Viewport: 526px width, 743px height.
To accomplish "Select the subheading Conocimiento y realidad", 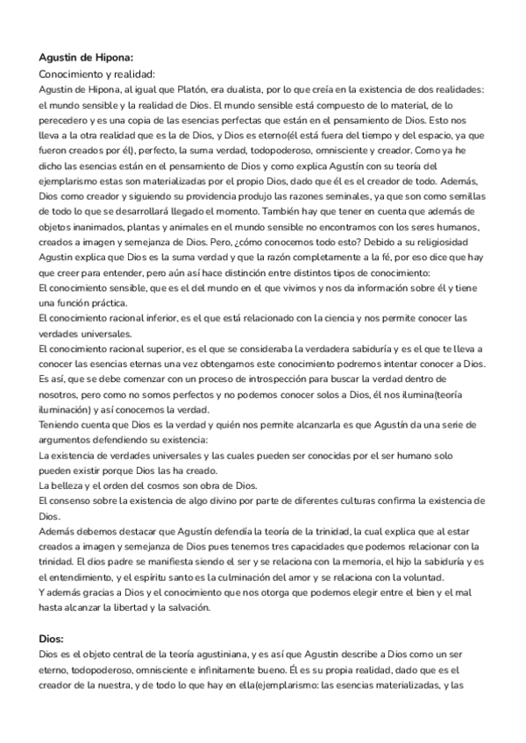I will pos(97,74).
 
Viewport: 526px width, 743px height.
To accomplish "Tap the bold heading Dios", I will pos(57,640).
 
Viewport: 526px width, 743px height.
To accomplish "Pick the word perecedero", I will pos(67,120).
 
